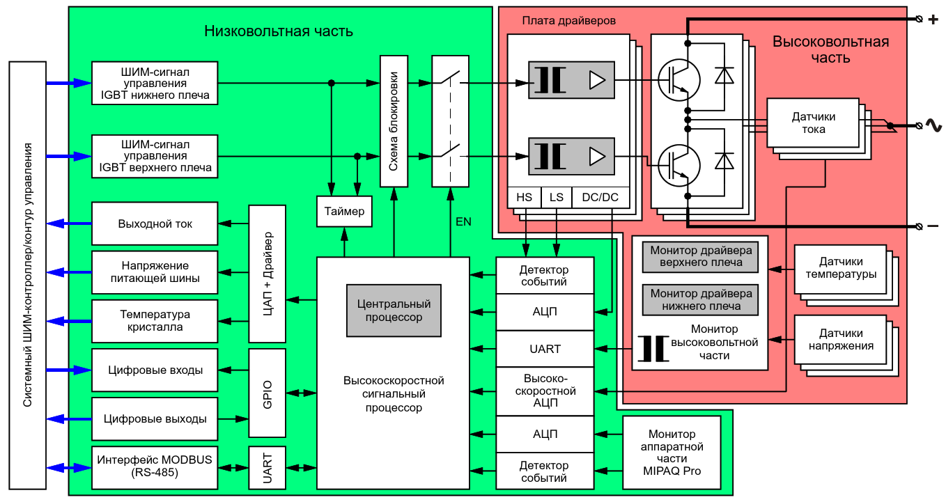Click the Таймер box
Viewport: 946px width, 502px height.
[x=345, y=211]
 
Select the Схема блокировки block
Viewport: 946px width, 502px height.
[x=394, y=121]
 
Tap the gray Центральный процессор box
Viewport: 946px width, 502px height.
[x=394, y=311]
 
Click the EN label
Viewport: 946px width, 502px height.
[x=463, y=222]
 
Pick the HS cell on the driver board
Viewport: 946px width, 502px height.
[x=524, y=198]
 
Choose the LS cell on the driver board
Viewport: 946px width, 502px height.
[x=556, y=198]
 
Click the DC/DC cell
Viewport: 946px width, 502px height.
[x=600, y=198]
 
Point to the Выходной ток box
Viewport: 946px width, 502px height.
[x=155, y=224]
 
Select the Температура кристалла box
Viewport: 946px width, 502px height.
[x=155, y=321]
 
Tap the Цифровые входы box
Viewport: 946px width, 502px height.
[x=155, y=370]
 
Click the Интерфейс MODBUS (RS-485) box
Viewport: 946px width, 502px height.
[x=155, y=466]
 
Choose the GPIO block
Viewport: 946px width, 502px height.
[x=267, y=394]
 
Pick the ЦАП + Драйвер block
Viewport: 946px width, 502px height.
[x=267, y=274]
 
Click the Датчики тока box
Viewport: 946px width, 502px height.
[x=813, y=123]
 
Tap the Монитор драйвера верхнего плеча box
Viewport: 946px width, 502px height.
[x=701, y=256]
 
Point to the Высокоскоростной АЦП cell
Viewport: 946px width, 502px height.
[x=545, y=391]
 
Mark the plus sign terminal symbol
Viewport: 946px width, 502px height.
[x=933, y=19]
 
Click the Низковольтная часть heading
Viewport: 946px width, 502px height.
[x=279, y=31]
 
